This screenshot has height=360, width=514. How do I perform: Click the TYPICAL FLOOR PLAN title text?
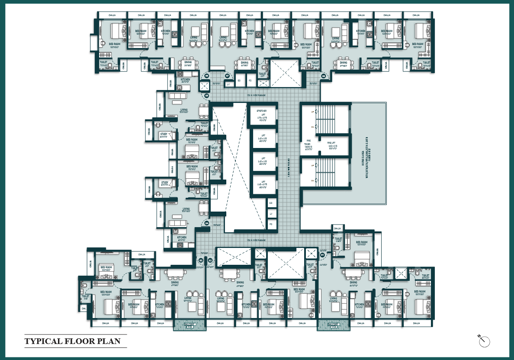[x=72, y=341]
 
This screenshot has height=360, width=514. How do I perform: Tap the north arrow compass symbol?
[x=484, y=341]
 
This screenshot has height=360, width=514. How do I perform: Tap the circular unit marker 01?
[x=323, y=255]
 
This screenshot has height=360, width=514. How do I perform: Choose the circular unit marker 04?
[x=207, y=223]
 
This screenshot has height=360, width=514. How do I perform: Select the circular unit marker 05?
[x=206, y=95]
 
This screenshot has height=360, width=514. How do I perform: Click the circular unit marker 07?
[x=227, y=76]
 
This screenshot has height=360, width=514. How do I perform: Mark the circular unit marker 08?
[x=323, y=76]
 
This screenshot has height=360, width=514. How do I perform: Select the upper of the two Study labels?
[x=164, y=134]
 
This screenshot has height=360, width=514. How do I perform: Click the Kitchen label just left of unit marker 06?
[x=185, y=80]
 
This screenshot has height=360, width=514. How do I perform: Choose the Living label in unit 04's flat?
[x=186, y=209]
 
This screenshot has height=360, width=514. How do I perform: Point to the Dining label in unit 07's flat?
[x=244, y=64]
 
